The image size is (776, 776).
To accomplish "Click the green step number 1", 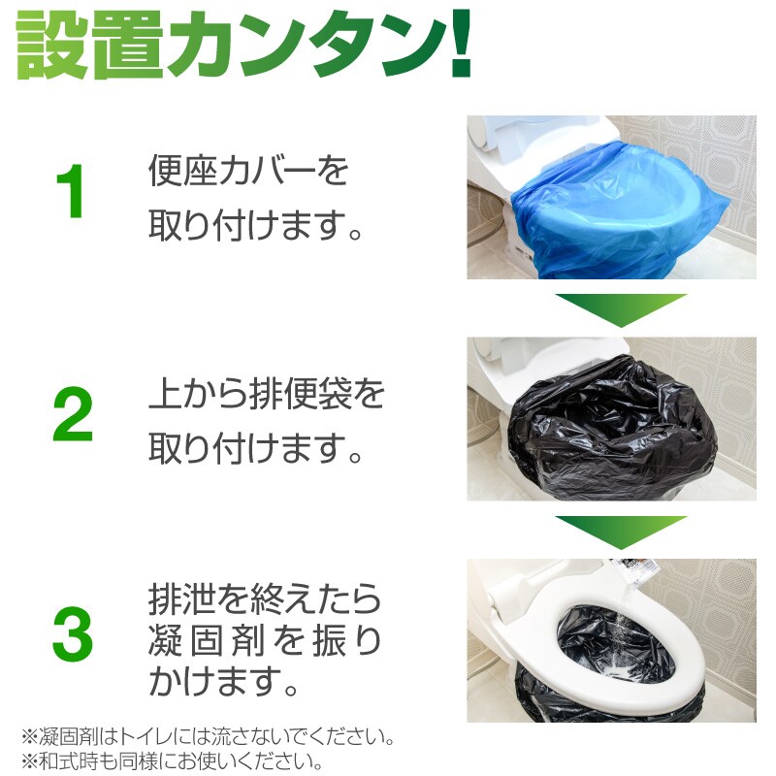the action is click(x=71, y=191).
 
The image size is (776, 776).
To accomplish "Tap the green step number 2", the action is click(x=73, y=414).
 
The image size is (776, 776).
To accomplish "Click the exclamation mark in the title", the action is click(x=460, y=44).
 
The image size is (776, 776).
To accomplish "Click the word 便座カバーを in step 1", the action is click(x=248, y=171).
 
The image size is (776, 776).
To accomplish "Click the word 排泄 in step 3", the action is click(x=181, y=599).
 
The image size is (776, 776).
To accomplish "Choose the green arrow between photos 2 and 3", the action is click(x=621, y=530).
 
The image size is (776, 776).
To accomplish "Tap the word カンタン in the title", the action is click(x=306, y=46).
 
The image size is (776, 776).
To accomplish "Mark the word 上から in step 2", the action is click(x=198, y=395).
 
